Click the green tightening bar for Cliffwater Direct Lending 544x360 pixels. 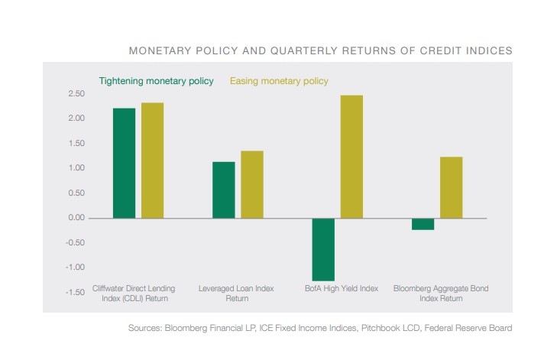(124, 163)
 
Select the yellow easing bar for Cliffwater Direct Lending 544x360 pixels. (152, 161)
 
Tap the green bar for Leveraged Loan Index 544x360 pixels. (224, 190)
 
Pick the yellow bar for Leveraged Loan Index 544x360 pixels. (252, 184)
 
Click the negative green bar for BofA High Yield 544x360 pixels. (323, 249)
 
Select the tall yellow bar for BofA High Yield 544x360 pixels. (351, 157)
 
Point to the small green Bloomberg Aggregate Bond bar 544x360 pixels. (423, 224)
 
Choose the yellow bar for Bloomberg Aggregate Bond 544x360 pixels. (451, 187)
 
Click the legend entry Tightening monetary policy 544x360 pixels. (156, 81)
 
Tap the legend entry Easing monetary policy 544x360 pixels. (279, 81)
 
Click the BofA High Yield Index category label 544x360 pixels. (340, 289)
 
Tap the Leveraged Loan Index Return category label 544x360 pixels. (238, 294)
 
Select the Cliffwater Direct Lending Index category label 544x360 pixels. (134, 294)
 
